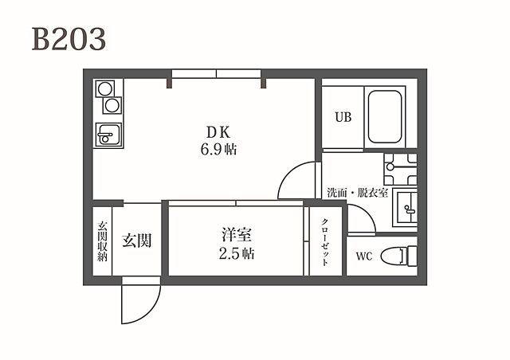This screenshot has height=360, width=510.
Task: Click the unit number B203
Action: [x=69, y=39]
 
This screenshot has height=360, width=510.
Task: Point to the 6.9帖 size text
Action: [x=217, y=149]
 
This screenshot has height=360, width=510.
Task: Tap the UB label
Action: [x=343, y=118]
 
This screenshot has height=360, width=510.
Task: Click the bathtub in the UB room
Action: [x=384, y=117]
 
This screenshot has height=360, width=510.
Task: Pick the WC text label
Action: [x=364, y=257]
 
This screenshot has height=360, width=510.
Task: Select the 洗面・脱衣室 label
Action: [x=356, y=193]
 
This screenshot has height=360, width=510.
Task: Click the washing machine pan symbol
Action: [x=399, y=167]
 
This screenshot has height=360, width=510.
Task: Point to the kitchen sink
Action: [x=108, y=135]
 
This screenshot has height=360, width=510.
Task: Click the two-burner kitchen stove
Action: [x=108, y=97]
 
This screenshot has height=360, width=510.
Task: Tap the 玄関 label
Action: [x=137, y=240]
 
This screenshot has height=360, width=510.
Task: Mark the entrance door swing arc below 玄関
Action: [x=142, y=300]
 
